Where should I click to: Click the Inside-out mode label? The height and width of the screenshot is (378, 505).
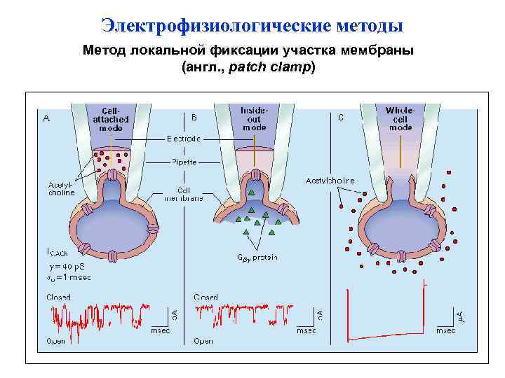(x=254, y=119)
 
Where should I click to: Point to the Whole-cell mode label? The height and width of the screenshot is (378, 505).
(x=400, y=119)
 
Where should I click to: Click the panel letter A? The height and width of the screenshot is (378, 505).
(x=47, y=118)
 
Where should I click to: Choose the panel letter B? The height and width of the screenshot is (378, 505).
(x=194, y=117)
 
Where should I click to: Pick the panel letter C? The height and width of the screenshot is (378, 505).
(x=341, y=117)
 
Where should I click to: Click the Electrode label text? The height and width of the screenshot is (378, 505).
(x=184, y=139)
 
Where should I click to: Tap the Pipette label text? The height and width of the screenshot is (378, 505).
(x=184, y=162)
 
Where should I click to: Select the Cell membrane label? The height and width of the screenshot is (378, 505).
(x=184, y=194)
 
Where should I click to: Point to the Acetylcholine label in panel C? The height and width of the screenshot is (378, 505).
(x=330, y=181)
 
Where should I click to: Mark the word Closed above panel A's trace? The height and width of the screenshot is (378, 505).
(x=58, y=297)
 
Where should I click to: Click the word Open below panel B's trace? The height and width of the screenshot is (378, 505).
(x=203, y=342)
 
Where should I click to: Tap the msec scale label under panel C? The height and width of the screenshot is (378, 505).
(x=445, y=330)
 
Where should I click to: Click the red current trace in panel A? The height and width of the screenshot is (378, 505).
(x=98, y=315)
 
